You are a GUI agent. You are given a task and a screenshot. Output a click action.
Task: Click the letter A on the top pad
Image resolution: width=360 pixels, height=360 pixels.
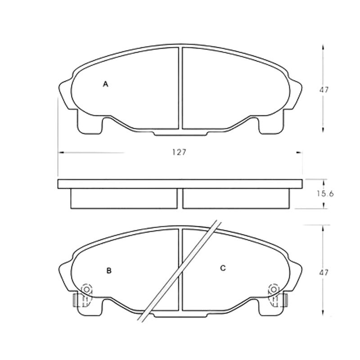pos(105,84)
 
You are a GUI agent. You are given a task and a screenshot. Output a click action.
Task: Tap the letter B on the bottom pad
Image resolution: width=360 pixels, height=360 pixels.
pos(109,271)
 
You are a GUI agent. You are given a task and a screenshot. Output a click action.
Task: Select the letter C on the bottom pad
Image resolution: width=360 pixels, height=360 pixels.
pos(223,268)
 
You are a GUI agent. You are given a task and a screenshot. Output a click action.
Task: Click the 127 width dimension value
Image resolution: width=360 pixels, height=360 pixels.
pos(179,152)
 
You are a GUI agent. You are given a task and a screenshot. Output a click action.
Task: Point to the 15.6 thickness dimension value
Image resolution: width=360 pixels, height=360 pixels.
pos(325,194)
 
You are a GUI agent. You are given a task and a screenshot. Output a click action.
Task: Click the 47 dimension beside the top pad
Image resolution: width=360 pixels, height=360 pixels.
pos(324,90)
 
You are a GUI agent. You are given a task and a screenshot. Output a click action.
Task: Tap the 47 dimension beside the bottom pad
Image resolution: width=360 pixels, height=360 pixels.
pos(324,273)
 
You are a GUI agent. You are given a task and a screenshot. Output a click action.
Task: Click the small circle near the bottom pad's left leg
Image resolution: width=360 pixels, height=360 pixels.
pos(86,289)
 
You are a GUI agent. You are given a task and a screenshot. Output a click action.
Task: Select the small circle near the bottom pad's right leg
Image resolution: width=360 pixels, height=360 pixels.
pos(274,289)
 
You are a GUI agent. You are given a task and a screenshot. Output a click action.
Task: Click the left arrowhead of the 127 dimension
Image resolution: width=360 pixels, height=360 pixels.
pos(61,153)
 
